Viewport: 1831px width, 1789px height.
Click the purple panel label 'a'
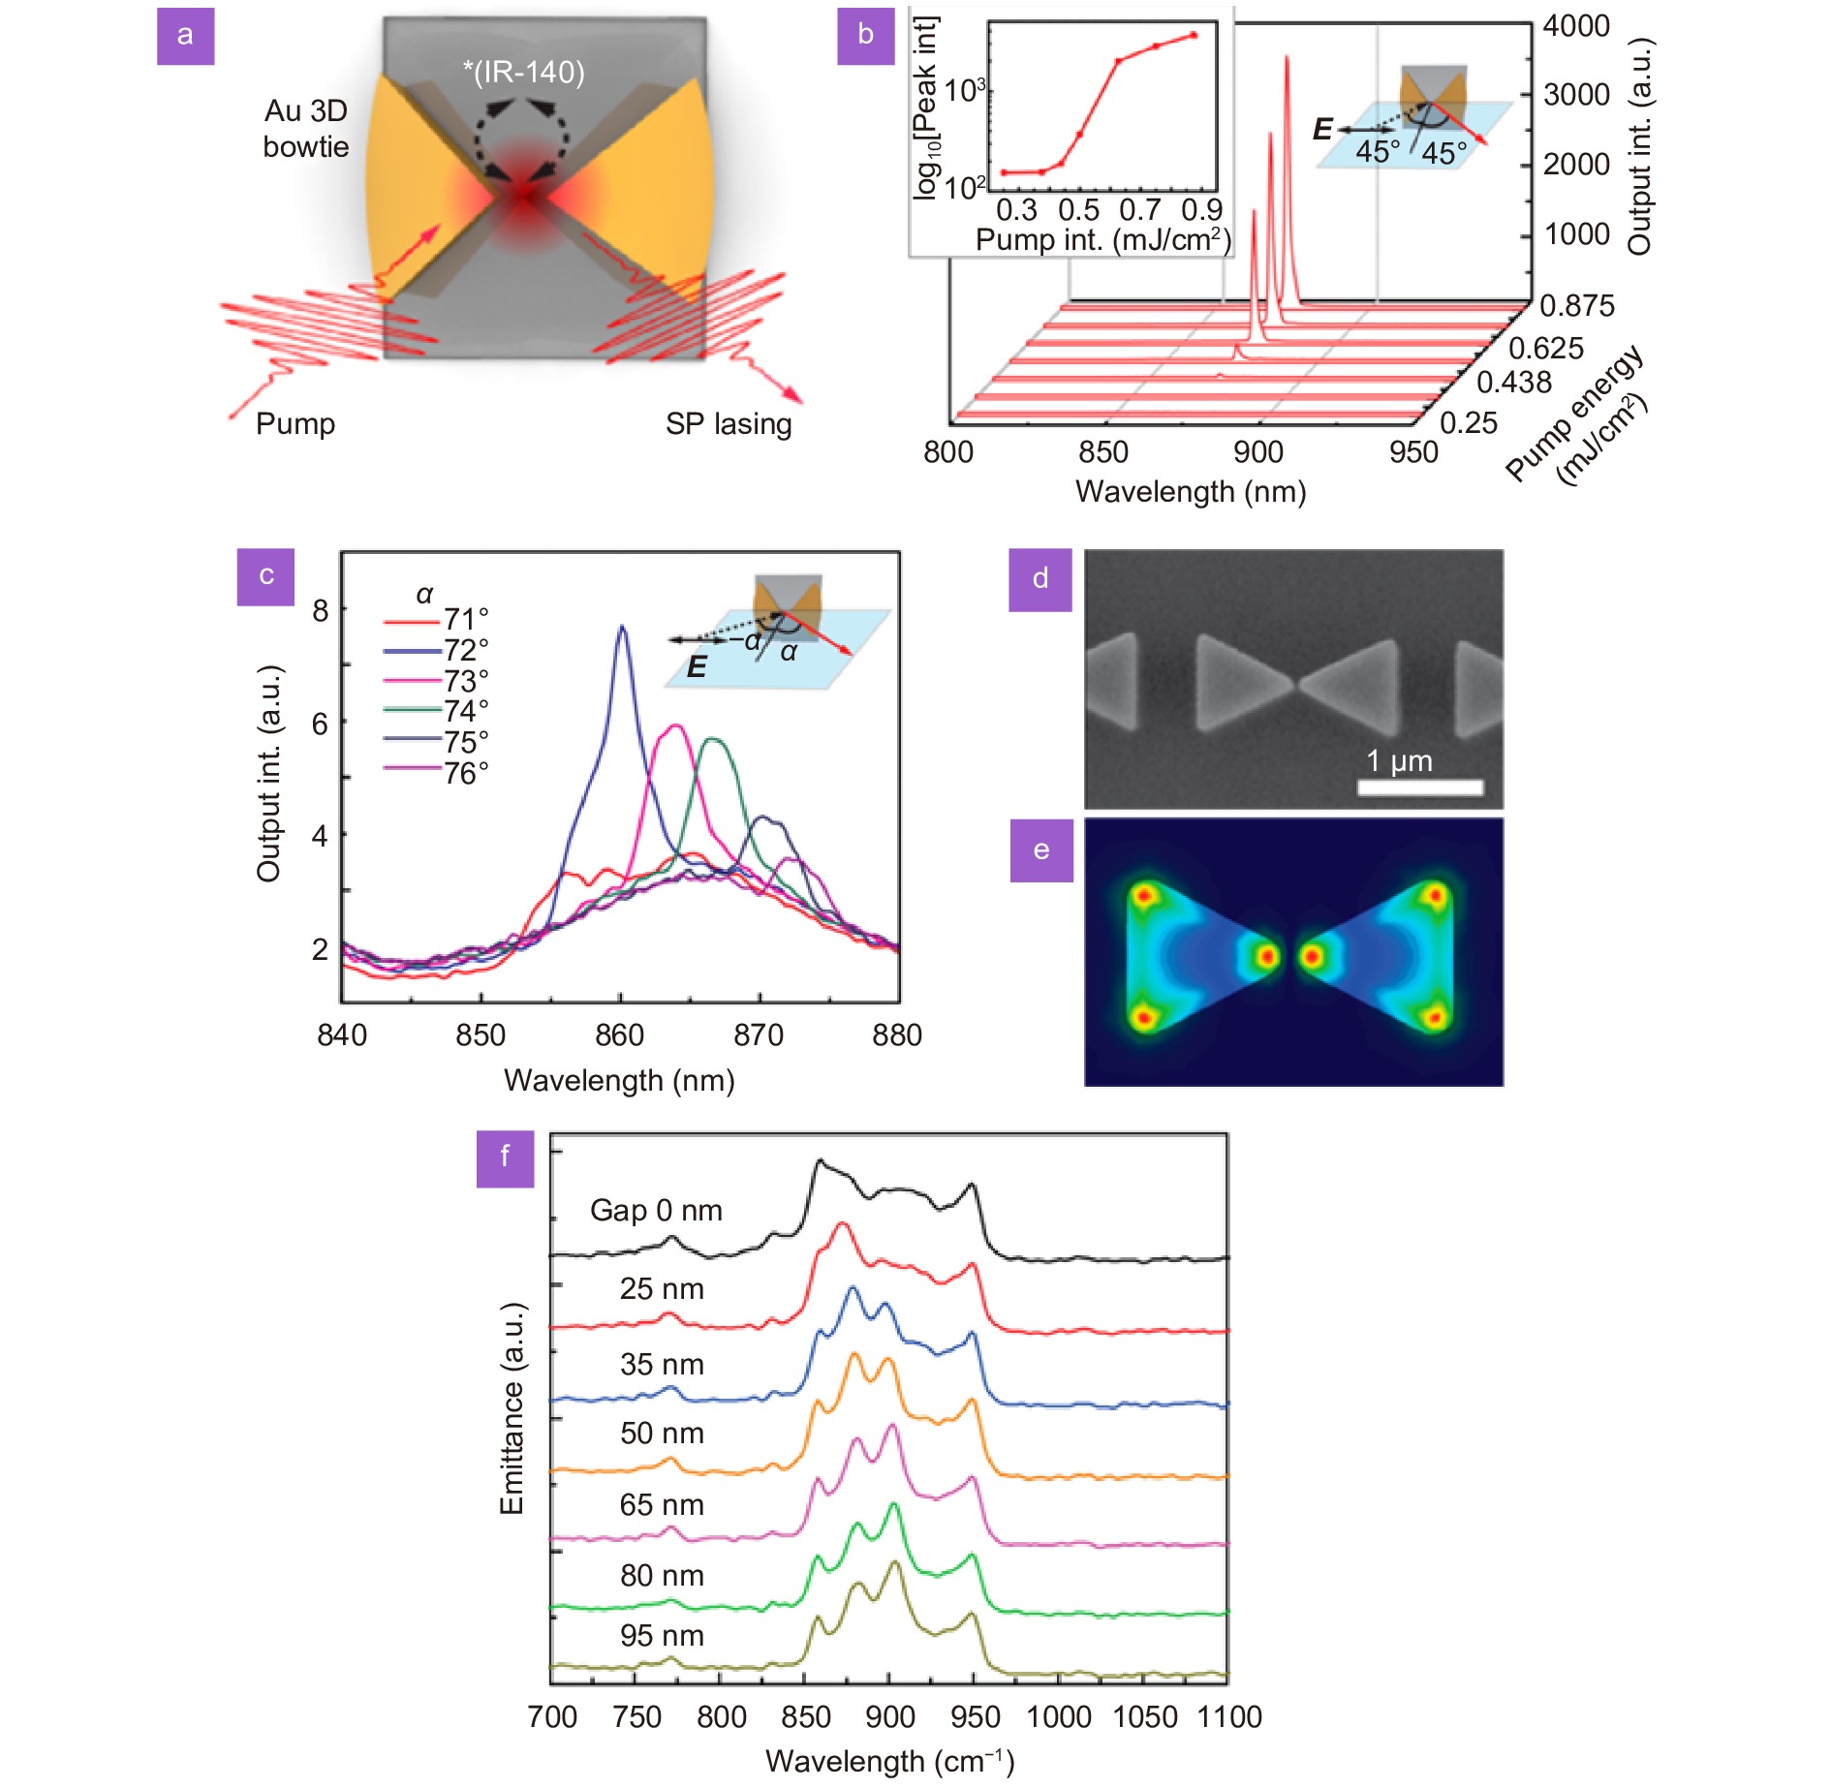[x=185, y=36]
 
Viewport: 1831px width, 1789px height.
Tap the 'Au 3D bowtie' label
[x=306, y=128]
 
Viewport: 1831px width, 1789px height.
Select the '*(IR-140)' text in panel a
[x=524, y=72]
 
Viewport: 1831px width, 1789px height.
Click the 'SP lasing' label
[x=729, y=424]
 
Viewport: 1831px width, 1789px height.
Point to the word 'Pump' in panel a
[x=295, y=424]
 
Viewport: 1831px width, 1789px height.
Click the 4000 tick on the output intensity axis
[x=1576, y=26]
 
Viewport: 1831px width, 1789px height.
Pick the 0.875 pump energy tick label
[x=1577, y=306]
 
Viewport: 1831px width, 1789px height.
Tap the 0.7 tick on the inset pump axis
[x=1139, y=209]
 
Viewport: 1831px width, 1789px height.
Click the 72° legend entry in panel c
[x=437, y=650]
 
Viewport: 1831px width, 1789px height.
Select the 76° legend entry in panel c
[x=437, y=773]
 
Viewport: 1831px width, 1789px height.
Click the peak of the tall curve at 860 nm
[x=622, y=627]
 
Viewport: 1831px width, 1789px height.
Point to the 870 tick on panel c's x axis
[x=759, y=1035]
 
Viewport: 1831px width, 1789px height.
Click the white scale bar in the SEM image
[x=1420, y=787]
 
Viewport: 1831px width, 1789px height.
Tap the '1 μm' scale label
[x=1399, y=760]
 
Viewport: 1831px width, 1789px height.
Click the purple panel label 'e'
[x=1041, y=850]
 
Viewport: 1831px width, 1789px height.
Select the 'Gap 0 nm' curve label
[x=656, y=1211]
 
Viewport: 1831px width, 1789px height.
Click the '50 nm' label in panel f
[x=662, y=1434]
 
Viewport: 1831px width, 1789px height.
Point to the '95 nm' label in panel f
[x=662, y=1636]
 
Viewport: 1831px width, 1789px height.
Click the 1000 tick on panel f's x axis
[x=1059, y=1717]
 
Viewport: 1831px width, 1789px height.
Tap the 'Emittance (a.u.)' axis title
[x=512, y=1408]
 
